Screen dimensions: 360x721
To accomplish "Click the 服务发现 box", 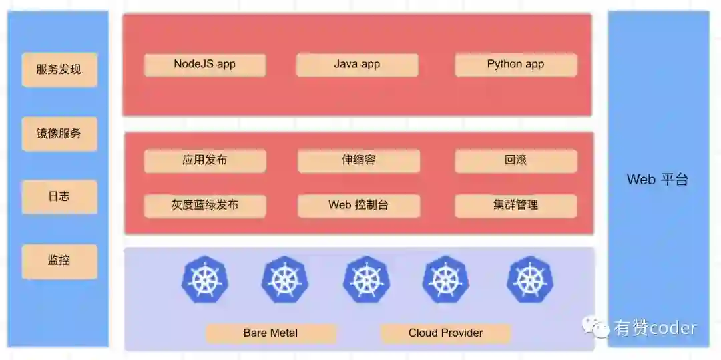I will tap(59, 69).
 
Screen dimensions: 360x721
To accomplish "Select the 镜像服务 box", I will tap(59, 134).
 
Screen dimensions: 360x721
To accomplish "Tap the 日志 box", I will tap(59, 197).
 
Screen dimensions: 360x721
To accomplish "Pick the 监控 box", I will tap(59, 261).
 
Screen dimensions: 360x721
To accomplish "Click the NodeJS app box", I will tap(205, 65).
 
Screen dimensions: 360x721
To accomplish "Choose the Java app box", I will tap(357, 65).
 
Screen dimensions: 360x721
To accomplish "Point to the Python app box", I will tap(515, 65).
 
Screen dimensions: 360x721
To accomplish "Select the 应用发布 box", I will tap(205, 160).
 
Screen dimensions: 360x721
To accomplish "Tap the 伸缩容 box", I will tap(358, 160).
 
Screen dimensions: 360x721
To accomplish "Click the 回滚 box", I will tap(515, 160).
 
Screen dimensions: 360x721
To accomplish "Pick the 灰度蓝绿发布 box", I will tap(205, 205).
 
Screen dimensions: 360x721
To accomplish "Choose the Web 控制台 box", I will tap(358, 205).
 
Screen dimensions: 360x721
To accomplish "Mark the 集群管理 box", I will tap(515, 205).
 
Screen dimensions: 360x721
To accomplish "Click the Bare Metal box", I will tap(270, 333).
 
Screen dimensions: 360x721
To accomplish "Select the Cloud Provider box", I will tap(445, 333).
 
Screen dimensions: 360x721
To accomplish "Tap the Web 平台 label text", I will tap(657, 180).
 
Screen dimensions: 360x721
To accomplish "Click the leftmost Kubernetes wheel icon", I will tap(205, 279).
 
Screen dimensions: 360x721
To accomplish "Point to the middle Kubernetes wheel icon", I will tap(367, 279).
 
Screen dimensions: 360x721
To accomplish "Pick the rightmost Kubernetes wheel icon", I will tap(530, 279).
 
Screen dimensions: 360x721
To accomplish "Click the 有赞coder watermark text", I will tap(654, 327).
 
